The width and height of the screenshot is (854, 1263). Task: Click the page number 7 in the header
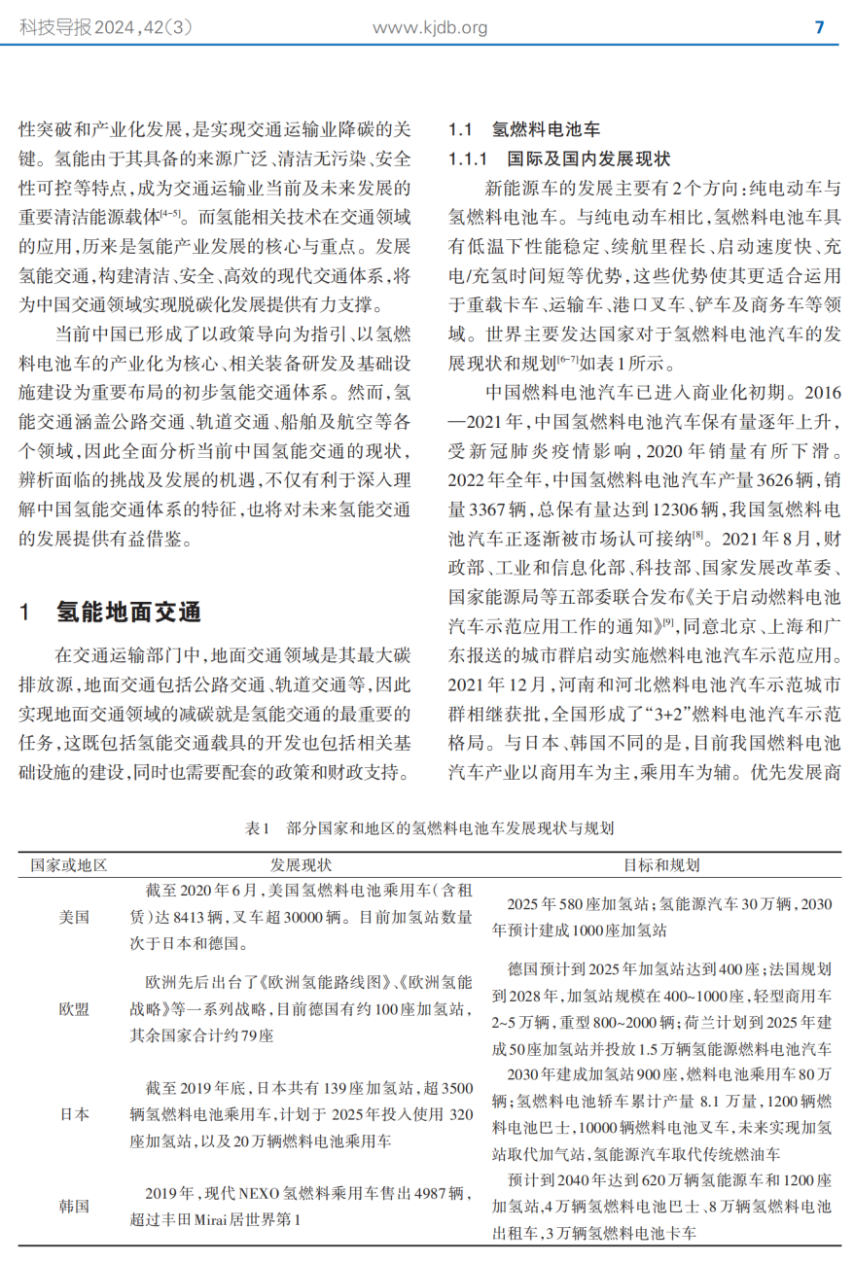click(819, 27)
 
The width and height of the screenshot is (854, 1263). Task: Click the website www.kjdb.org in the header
click(430, 28)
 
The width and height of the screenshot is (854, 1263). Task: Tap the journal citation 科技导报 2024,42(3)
click(107, 28)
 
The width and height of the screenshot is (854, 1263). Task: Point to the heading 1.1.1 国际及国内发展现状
click(559, 158)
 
